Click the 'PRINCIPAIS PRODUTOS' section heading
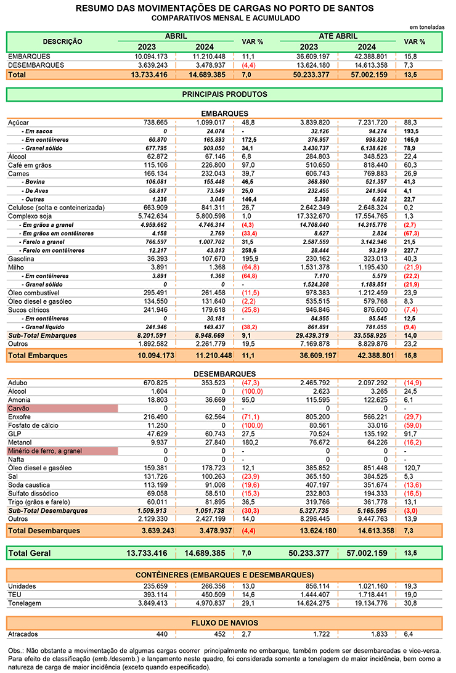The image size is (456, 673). (x=224, y=94)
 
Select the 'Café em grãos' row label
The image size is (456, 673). (x=30, y=165)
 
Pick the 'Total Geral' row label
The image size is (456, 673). (x=30, y=553)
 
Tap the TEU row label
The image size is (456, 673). (x=15, y=594)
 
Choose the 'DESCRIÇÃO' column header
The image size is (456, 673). (x=62, y=41)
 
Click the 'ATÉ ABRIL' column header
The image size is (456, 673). (x=338, y=36)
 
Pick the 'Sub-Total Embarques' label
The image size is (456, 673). (x=43, y=335)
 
